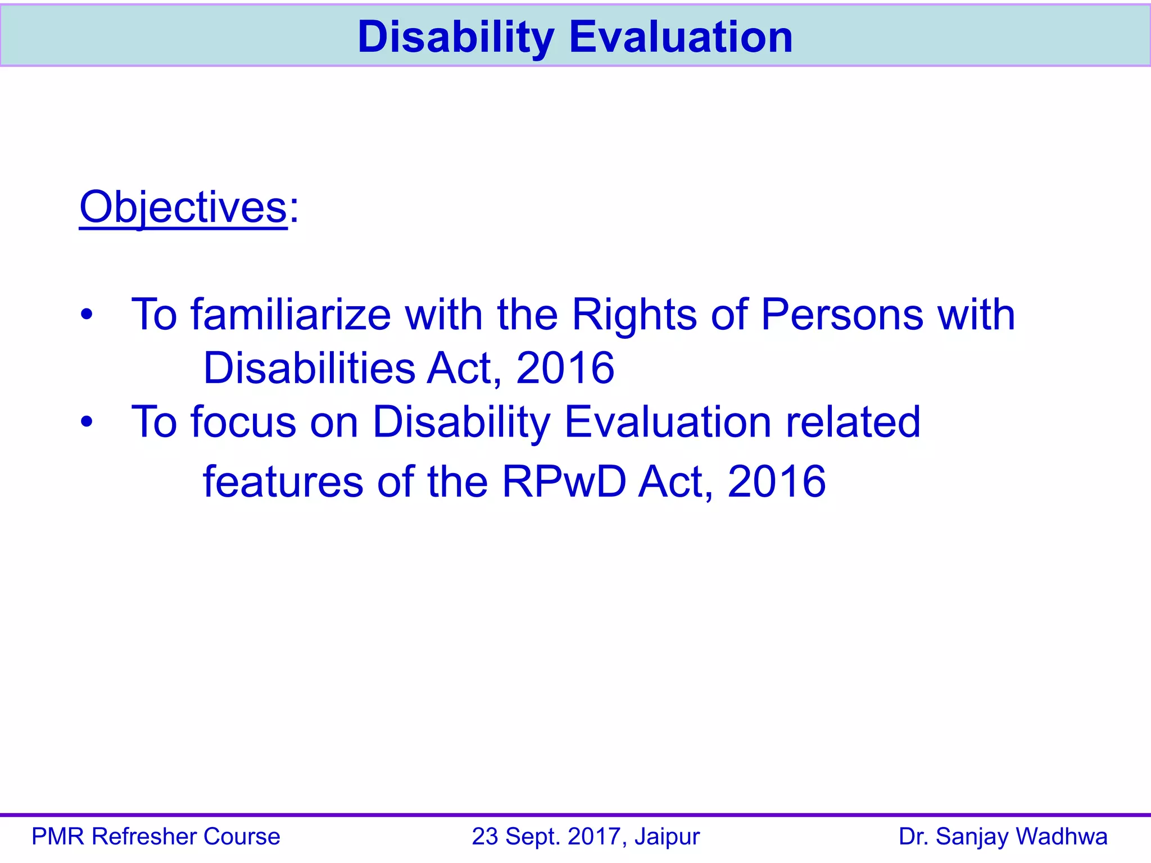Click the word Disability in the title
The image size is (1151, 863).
pyautogui.click(x=456, y=37)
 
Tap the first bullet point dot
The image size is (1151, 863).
pyautogui.click(x=86, y=314)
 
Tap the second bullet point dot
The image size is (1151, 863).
pyautogui.click(x=86, y=421)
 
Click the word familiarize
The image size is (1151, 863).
pyautogui.click(x=291, y=314)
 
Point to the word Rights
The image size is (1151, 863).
pyautogui.click(x=634, y=314)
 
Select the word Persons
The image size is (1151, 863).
pyautogui.click(x=842, y=314)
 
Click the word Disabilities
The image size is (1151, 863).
pyautogui.click(x=309, y=368)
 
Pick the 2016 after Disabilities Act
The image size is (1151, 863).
pyautogui.click(x=565, y=368)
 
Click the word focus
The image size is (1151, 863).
pyautogui.click(x=243, y=421)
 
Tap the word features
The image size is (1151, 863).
pyautogui.click(x=283, y=482)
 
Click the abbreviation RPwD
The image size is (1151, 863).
pyautogui.click(x=564, y=482)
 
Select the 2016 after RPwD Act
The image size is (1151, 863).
pyautogui.click(x=776, y=482)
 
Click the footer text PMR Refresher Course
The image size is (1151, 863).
pyautogui.click(x=156, y=837)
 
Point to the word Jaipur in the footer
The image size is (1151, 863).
pyautogui.click(x=667, y=837)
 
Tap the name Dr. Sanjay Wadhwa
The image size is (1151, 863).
pyautogui.click(x=1003, y=837)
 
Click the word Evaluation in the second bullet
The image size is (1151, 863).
pyautogui.click(x=667, y=421)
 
